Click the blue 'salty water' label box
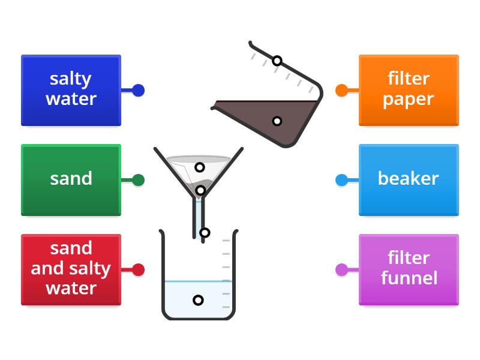click(x=71, y=90)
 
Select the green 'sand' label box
click(x=71, y=179)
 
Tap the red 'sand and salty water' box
click(x=71, y=269)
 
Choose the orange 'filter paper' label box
click(x=409, y=90)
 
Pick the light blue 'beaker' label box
click(x=409, y=179)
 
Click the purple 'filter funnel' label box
click(x=409, y=269)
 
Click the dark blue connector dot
click(x=138, y=91)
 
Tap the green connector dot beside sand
click(x=138, y=179)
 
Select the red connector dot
click(x=138, y=269)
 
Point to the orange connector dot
click(x=341, y=91)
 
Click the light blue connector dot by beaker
click(x=341, y=179)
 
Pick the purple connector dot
click(x=341, y=269)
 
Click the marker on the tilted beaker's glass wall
click(x=277, y=61)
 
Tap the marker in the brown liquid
click(x=277, y=121)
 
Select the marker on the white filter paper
click(x=200, y=167)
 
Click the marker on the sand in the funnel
click(x=201, y=191)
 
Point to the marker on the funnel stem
click(x=205, y=233)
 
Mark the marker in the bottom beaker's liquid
click(x=198, y=300)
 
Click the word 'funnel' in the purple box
click(x=409, y=278)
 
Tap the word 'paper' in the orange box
click(x=409, y=100)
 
